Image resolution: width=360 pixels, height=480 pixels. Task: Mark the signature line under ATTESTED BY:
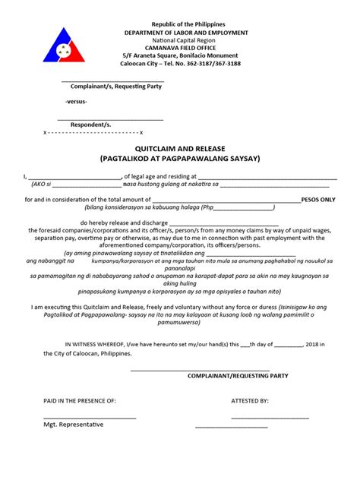tap(270, 417)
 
